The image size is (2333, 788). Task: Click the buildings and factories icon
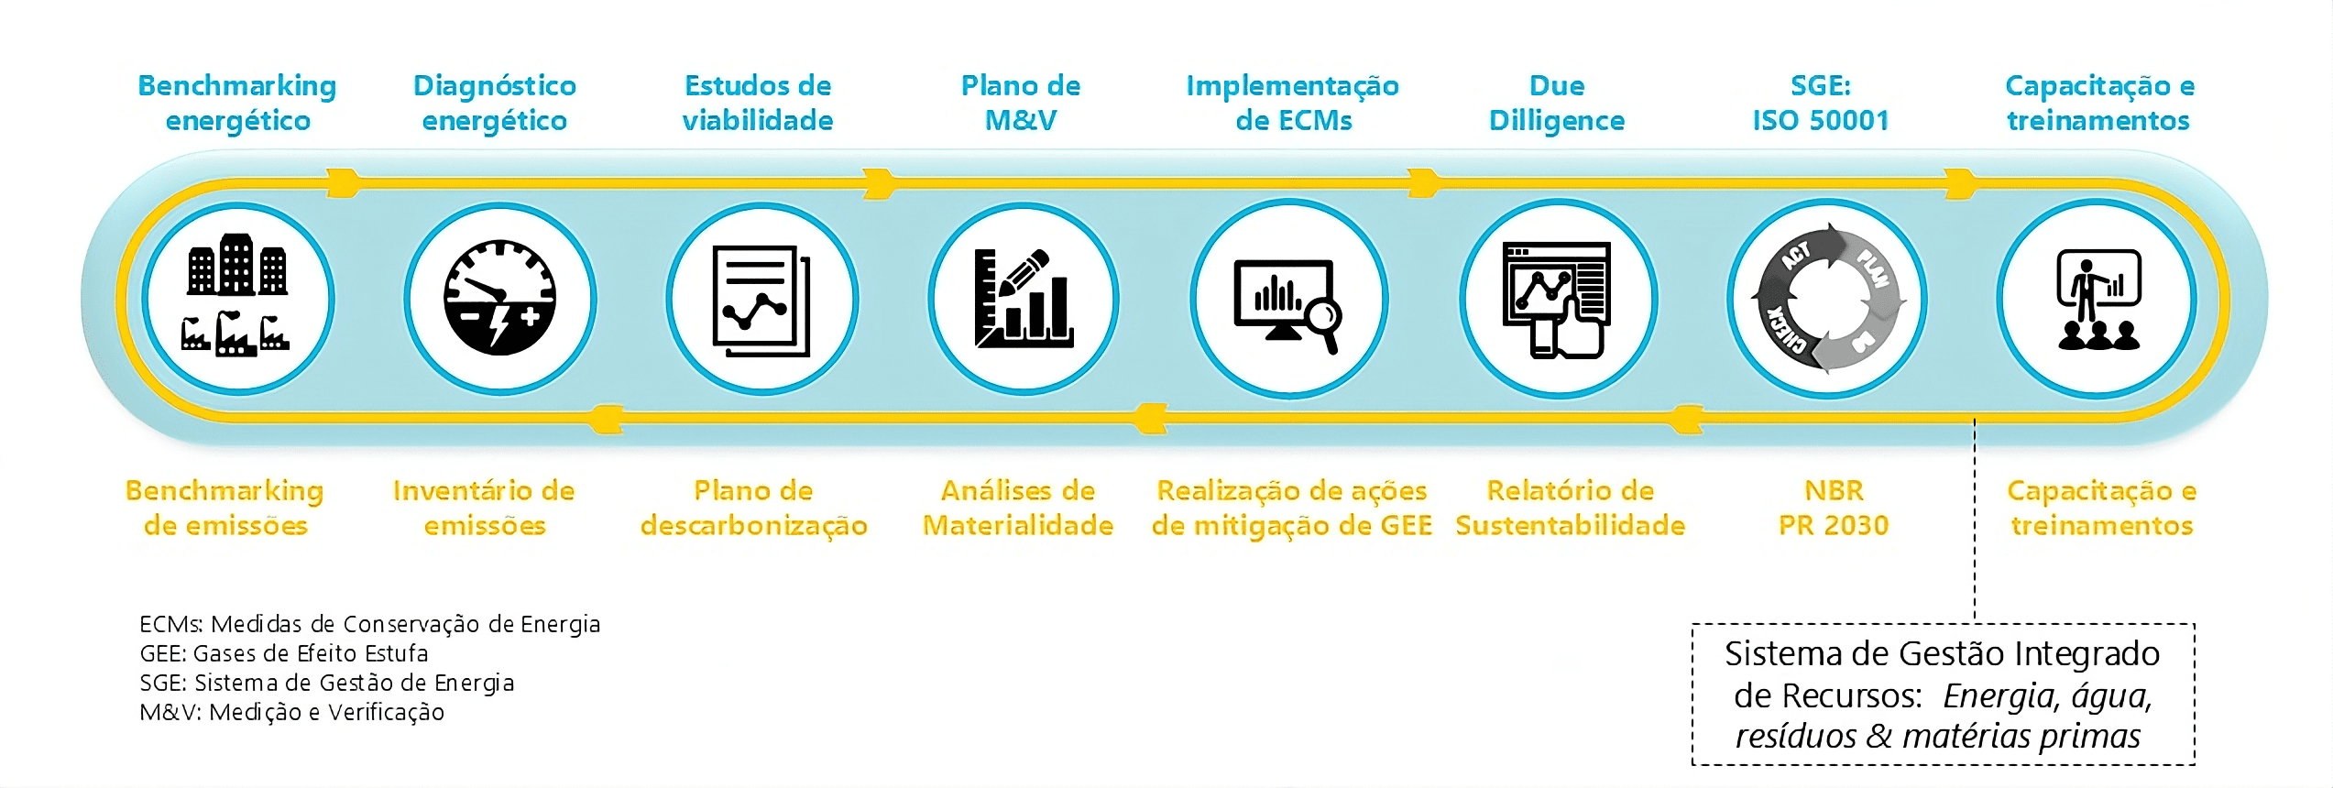click(237, 299)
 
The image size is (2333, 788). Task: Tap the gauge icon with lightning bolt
click(500, 299)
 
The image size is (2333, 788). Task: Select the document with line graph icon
click(761, 300)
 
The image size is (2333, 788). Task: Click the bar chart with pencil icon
click(1024, 299)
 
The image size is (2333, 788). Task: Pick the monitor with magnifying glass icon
click(1288, 300)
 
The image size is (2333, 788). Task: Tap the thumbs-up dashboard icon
click(1558, 300)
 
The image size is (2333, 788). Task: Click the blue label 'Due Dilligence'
click(1556, 103)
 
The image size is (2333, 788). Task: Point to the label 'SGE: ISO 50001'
click(1820, 103)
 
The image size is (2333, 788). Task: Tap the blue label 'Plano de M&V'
click(1020, 103)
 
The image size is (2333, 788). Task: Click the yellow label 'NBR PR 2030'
click(1834, 508)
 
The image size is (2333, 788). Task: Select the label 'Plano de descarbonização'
click(753, 508)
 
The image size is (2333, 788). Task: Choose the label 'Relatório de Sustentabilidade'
click(1570, 508)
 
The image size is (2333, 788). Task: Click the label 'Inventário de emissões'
click(484, 508)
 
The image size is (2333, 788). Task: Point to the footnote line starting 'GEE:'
click(284, 653)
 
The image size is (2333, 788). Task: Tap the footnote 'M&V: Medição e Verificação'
click(291, 712)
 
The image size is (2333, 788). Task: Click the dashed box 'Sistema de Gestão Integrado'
click(1942, 694)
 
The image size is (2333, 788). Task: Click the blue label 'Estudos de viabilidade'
click(758, 103)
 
